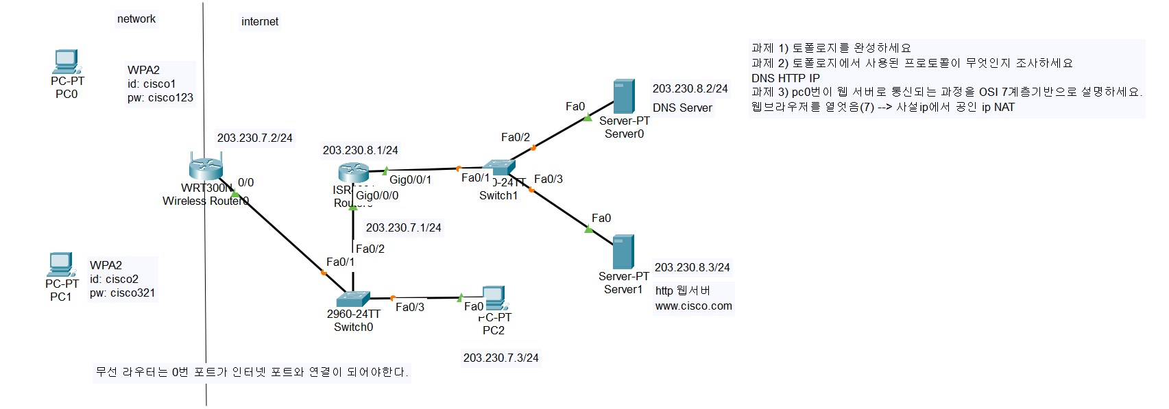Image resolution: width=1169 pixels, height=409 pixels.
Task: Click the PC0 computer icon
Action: [67, 62]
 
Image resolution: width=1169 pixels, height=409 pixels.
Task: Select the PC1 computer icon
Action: [60, 264]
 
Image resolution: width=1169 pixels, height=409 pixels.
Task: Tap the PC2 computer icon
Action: [494, 298]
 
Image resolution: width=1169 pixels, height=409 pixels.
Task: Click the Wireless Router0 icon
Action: [206, 168]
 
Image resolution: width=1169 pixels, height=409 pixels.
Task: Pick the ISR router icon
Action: [353, 172]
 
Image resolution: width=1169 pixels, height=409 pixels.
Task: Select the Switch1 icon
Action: [498, 166]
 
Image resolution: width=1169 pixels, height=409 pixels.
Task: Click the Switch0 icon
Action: [353, 299]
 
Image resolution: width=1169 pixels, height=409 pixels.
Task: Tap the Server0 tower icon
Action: [623, 97]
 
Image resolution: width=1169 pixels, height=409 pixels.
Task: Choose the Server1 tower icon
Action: [623, 251]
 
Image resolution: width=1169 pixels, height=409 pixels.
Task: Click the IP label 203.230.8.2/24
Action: [690, 89]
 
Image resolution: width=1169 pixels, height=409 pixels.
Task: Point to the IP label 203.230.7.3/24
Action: [501, 358]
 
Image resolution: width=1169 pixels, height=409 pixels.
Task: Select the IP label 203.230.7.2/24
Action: [254, 138]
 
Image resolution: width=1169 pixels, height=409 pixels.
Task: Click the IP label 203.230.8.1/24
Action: [360, 151]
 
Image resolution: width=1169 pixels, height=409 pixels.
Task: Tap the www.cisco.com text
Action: [693, 306]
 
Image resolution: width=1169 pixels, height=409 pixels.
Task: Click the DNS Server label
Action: [682, 108]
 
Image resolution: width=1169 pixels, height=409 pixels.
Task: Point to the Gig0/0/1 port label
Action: [410, 180]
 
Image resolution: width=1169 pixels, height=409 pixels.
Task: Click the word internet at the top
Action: [260, 22]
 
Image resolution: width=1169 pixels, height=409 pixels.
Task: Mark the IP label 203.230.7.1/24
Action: [403, 228]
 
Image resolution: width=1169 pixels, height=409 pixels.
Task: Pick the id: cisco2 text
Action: [114, 280]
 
